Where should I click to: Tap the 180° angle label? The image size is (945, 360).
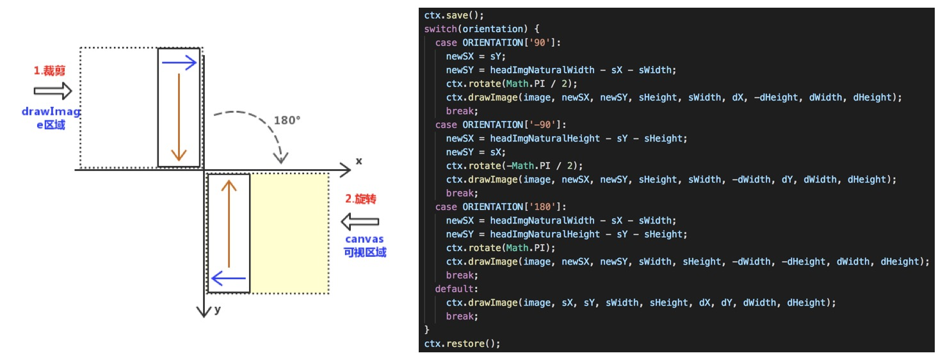(287, 120)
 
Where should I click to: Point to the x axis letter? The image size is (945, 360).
(359, 161)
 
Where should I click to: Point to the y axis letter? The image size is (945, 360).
(218, 309)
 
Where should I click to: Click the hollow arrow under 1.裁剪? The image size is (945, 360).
(53, 91)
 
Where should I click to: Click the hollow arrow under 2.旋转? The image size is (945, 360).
(360, 222)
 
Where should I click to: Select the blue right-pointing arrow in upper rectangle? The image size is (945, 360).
(179, 62)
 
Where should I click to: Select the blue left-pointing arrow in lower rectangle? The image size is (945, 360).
(229, 278)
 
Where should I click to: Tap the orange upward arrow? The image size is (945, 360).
(229, 224)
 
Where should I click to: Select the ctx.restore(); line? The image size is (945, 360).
(462, 343)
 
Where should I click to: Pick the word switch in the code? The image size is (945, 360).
(439, 29)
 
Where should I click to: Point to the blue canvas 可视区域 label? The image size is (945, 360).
(365, 246)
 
